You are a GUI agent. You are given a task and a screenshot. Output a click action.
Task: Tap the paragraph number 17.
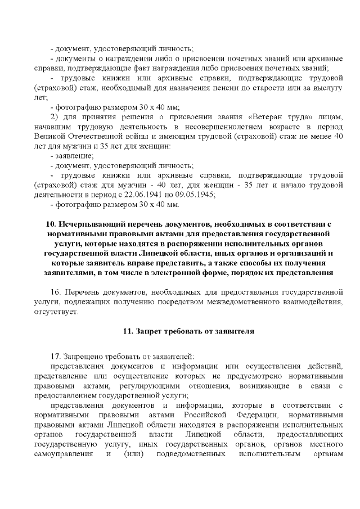[55, 357]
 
